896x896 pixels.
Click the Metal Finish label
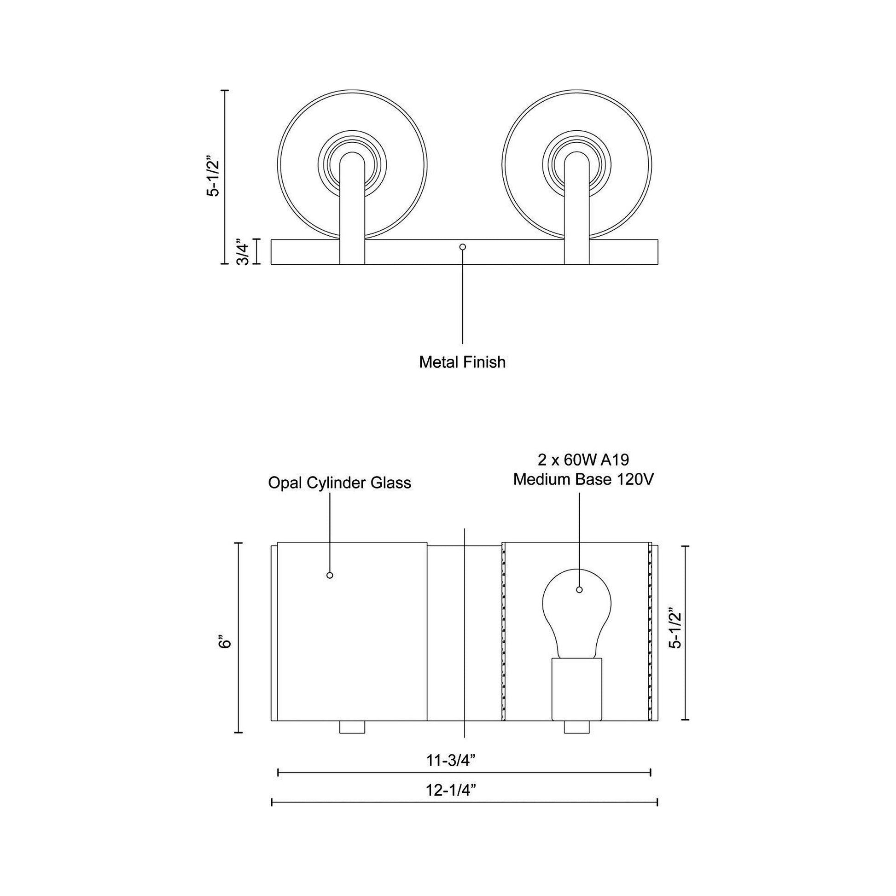462,362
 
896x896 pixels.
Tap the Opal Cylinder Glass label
339,483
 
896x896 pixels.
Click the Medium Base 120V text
583,479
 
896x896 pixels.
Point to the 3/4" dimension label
243,252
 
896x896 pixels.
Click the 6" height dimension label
226,643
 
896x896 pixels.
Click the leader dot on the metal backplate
462,247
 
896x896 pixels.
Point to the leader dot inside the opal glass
330,575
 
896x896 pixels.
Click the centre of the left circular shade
352,164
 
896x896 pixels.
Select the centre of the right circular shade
576,164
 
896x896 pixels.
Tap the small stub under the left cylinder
352,727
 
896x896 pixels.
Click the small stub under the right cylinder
576,727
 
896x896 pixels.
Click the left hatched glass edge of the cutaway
503,635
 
